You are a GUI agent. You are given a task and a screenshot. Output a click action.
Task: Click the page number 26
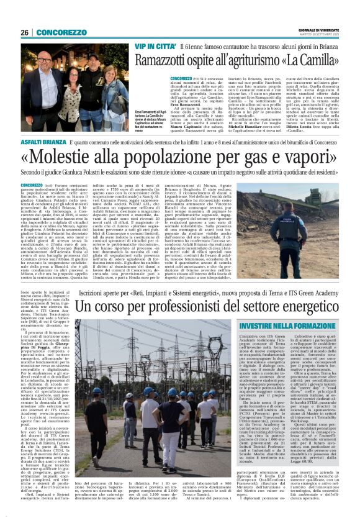(x=25, y=32)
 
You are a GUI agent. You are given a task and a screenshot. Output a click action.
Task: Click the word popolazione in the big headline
(x=177, y=157)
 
